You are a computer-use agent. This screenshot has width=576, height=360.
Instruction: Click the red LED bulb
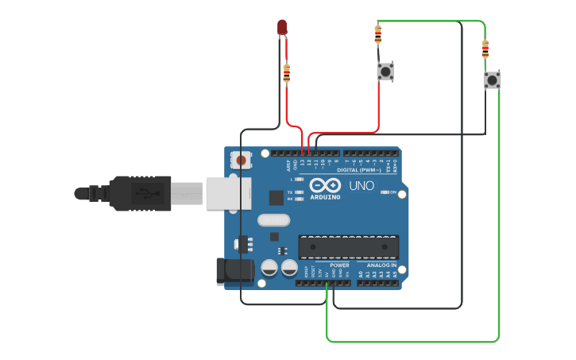pos(282,27)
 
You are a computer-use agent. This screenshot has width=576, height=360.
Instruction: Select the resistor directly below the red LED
pos(287,74)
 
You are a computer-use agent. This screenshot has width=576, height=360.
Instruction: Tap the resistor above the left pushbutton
pos(377,34)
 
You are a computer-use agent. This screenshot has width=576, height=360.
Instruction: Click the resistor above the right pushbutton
pos(485,49)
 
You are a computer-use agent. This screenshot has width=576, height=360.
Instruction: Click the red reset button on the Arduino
pos(242,161)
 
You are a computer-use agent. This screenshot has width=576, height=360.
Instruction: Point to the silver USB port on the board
pos(228,193)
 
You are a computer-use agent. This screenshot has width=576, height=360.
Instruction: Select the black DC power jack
pos(235,270)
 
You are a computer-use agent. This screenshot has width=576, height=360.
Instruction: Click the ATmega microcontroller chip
pos(349,247)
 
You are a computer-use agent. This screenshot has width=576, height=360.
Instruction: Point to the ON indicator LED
pos(384,192)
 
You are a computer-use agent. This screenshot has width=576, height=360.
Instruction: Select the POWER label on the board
pos(328,265)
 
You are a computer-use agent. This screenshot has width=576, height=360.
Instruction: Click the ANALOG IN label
pos(381,265)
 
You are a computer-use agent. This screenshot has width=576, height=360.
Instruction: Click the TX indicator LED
pos(299,192)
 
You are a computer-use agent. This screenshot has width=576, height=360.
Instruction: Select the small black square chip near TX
pos(276,198)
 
